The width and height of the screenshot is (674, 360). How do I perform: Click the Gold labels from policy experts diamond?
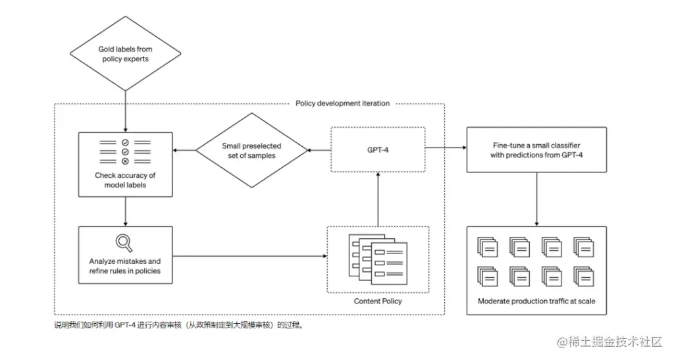[x=125, y=54]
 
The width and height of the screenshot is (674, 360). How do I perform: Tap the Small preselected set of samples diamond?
[x=252, y=150]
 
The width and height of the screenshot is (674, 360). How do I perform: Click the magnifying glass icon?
[x=124, y=244]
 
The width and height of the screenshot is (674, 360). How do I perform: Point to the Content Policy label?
[x=378, y=301]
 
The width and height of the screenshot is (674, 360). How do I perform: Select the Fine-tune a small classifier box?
[x=536, y=150]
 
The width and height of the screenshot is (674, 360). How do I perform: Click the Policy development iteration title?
[x=342, y=103]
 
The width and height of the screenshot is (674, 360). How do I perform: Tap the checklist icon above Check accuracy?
[x=125, y=152]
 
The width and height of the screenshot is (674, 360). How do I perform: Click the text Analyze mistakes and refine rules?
[x=125, y=266]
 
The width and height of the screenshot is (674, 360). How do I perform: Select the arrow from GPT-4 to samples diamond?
[x=319, y=150]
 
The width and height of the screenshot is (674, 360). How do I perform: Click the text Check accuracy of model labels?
[x=125, y=180]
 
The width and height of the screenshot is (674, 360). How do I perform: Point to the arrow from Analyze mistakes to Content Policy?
[x=250, y=255]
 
